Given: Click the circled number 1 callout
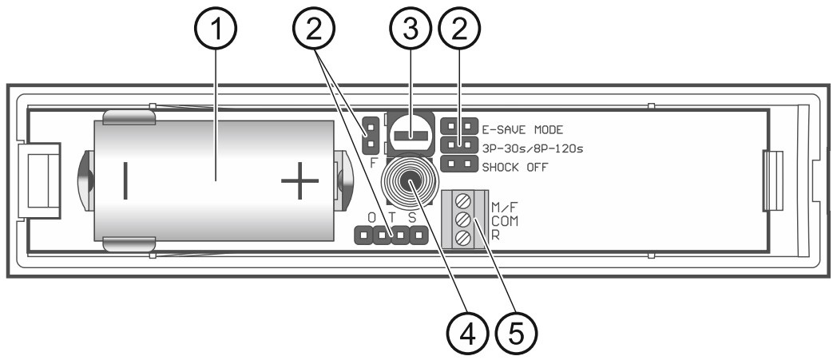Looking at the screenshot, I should click(x=215, y=34).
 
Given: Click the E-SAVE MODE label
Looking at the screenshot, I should click(x=524, y=128).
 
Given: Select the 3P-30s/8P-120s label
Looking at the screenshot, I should click(x=534, y=147).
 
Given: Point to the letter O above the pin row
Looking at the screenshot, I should click(x=371, y=219).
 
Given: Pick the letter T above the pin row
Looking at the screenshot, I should click(x=392, y=219).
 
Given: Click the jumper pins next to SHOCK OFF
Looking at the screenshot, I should click(x=458, y=166).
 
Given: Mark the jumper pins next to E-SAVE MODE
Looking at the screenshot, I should click(x=457, y=127).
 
